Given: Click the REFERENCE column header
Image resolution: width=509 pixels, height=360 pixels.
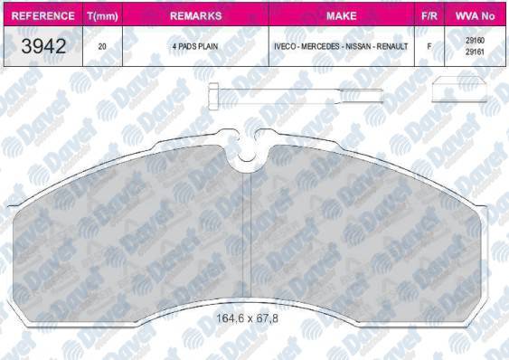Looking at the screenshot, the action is [x=42, y=15].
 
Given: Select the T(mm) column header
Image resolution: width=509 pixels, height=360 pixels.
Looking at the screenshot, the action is [x=102, y=16].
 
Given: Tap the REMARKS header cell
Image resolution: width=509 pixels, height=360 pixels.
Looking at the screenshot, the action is [x=196, y=15].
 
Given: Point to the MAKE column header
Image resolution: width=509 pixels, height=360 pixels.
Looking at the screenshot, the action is [x=342, y=15].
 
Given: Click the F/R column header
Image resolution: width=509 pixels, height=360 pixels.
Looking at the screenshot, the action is [x=429, y=15].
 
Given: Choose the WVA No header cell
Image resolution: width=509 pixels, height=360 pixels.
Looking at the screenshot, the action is [x=475, y=15].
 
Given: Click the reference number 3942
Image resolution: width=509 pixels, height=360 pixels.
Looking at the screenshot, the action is [x=43, y=46].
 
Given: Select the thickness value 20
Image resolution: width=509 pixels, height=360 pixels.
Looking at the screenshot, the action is [x=102, y=46].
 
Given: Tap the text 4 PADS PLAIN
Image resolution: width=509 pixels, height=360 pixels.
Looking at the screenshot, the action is [x=195, y=46].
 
